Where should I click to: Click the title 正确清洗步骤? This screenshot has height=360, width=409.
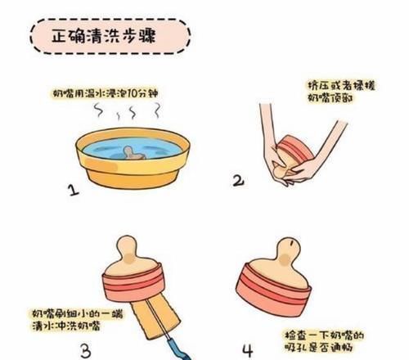[x=107, y=37]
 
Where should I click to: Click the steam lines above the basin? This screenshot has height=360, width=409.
[x=131, y=118]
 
